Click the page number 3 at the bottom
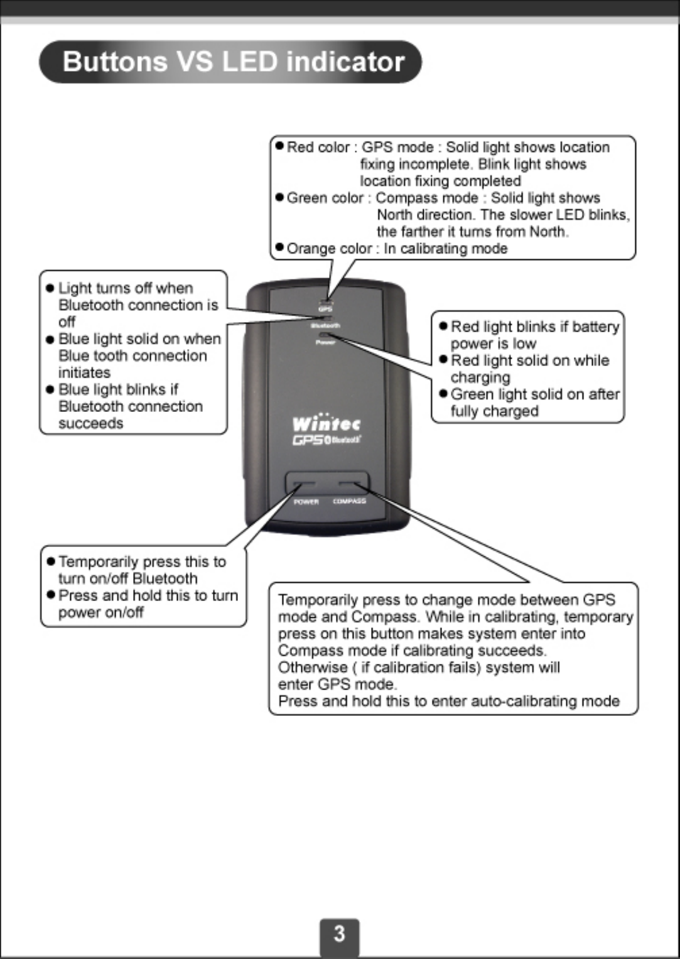[339, 934]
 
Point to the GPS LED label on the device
[325, 309]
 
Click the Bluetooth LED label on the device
[325, 325]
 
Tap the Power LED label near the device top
[325, 342]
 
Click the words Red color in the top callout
[318, 148]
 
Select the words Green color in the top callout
[325, 198]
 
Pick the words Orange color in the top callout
[329, 249]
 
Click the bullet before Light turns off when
[50, 289]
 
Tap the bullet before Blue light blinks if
[50, 390]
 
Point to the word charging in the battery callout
[480, 377]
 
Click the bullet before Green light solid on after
[443, 394]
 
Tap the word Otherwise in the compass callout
[312, 668]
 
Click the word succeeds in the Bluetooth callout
[90, 424]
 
